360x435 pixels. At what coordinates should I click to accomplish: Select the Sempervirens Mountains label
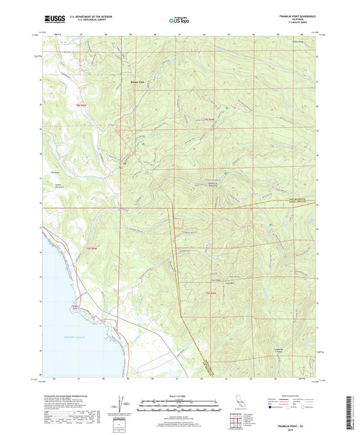pyautogui.click(x=213, y=185)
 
